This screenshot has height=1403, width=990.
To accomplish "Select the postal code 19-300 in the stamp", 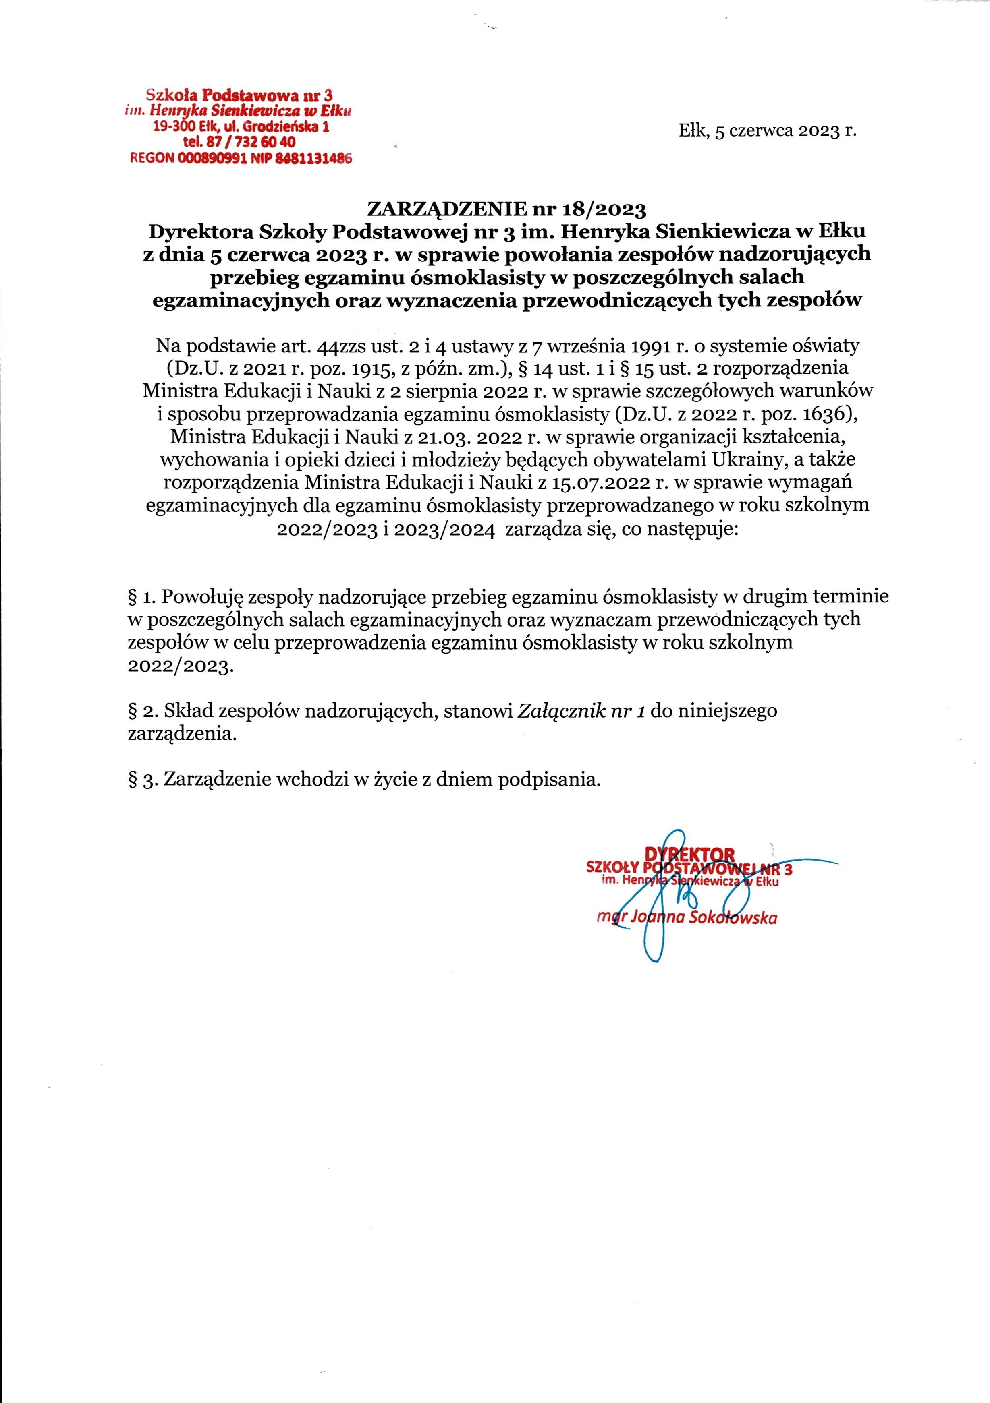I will point(174,127).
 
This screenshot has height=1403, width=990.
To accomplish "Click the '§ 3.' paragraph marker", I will point(141,780).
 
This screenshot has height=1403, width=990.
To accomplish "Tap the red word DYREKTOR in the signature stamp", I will point(690,854).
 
